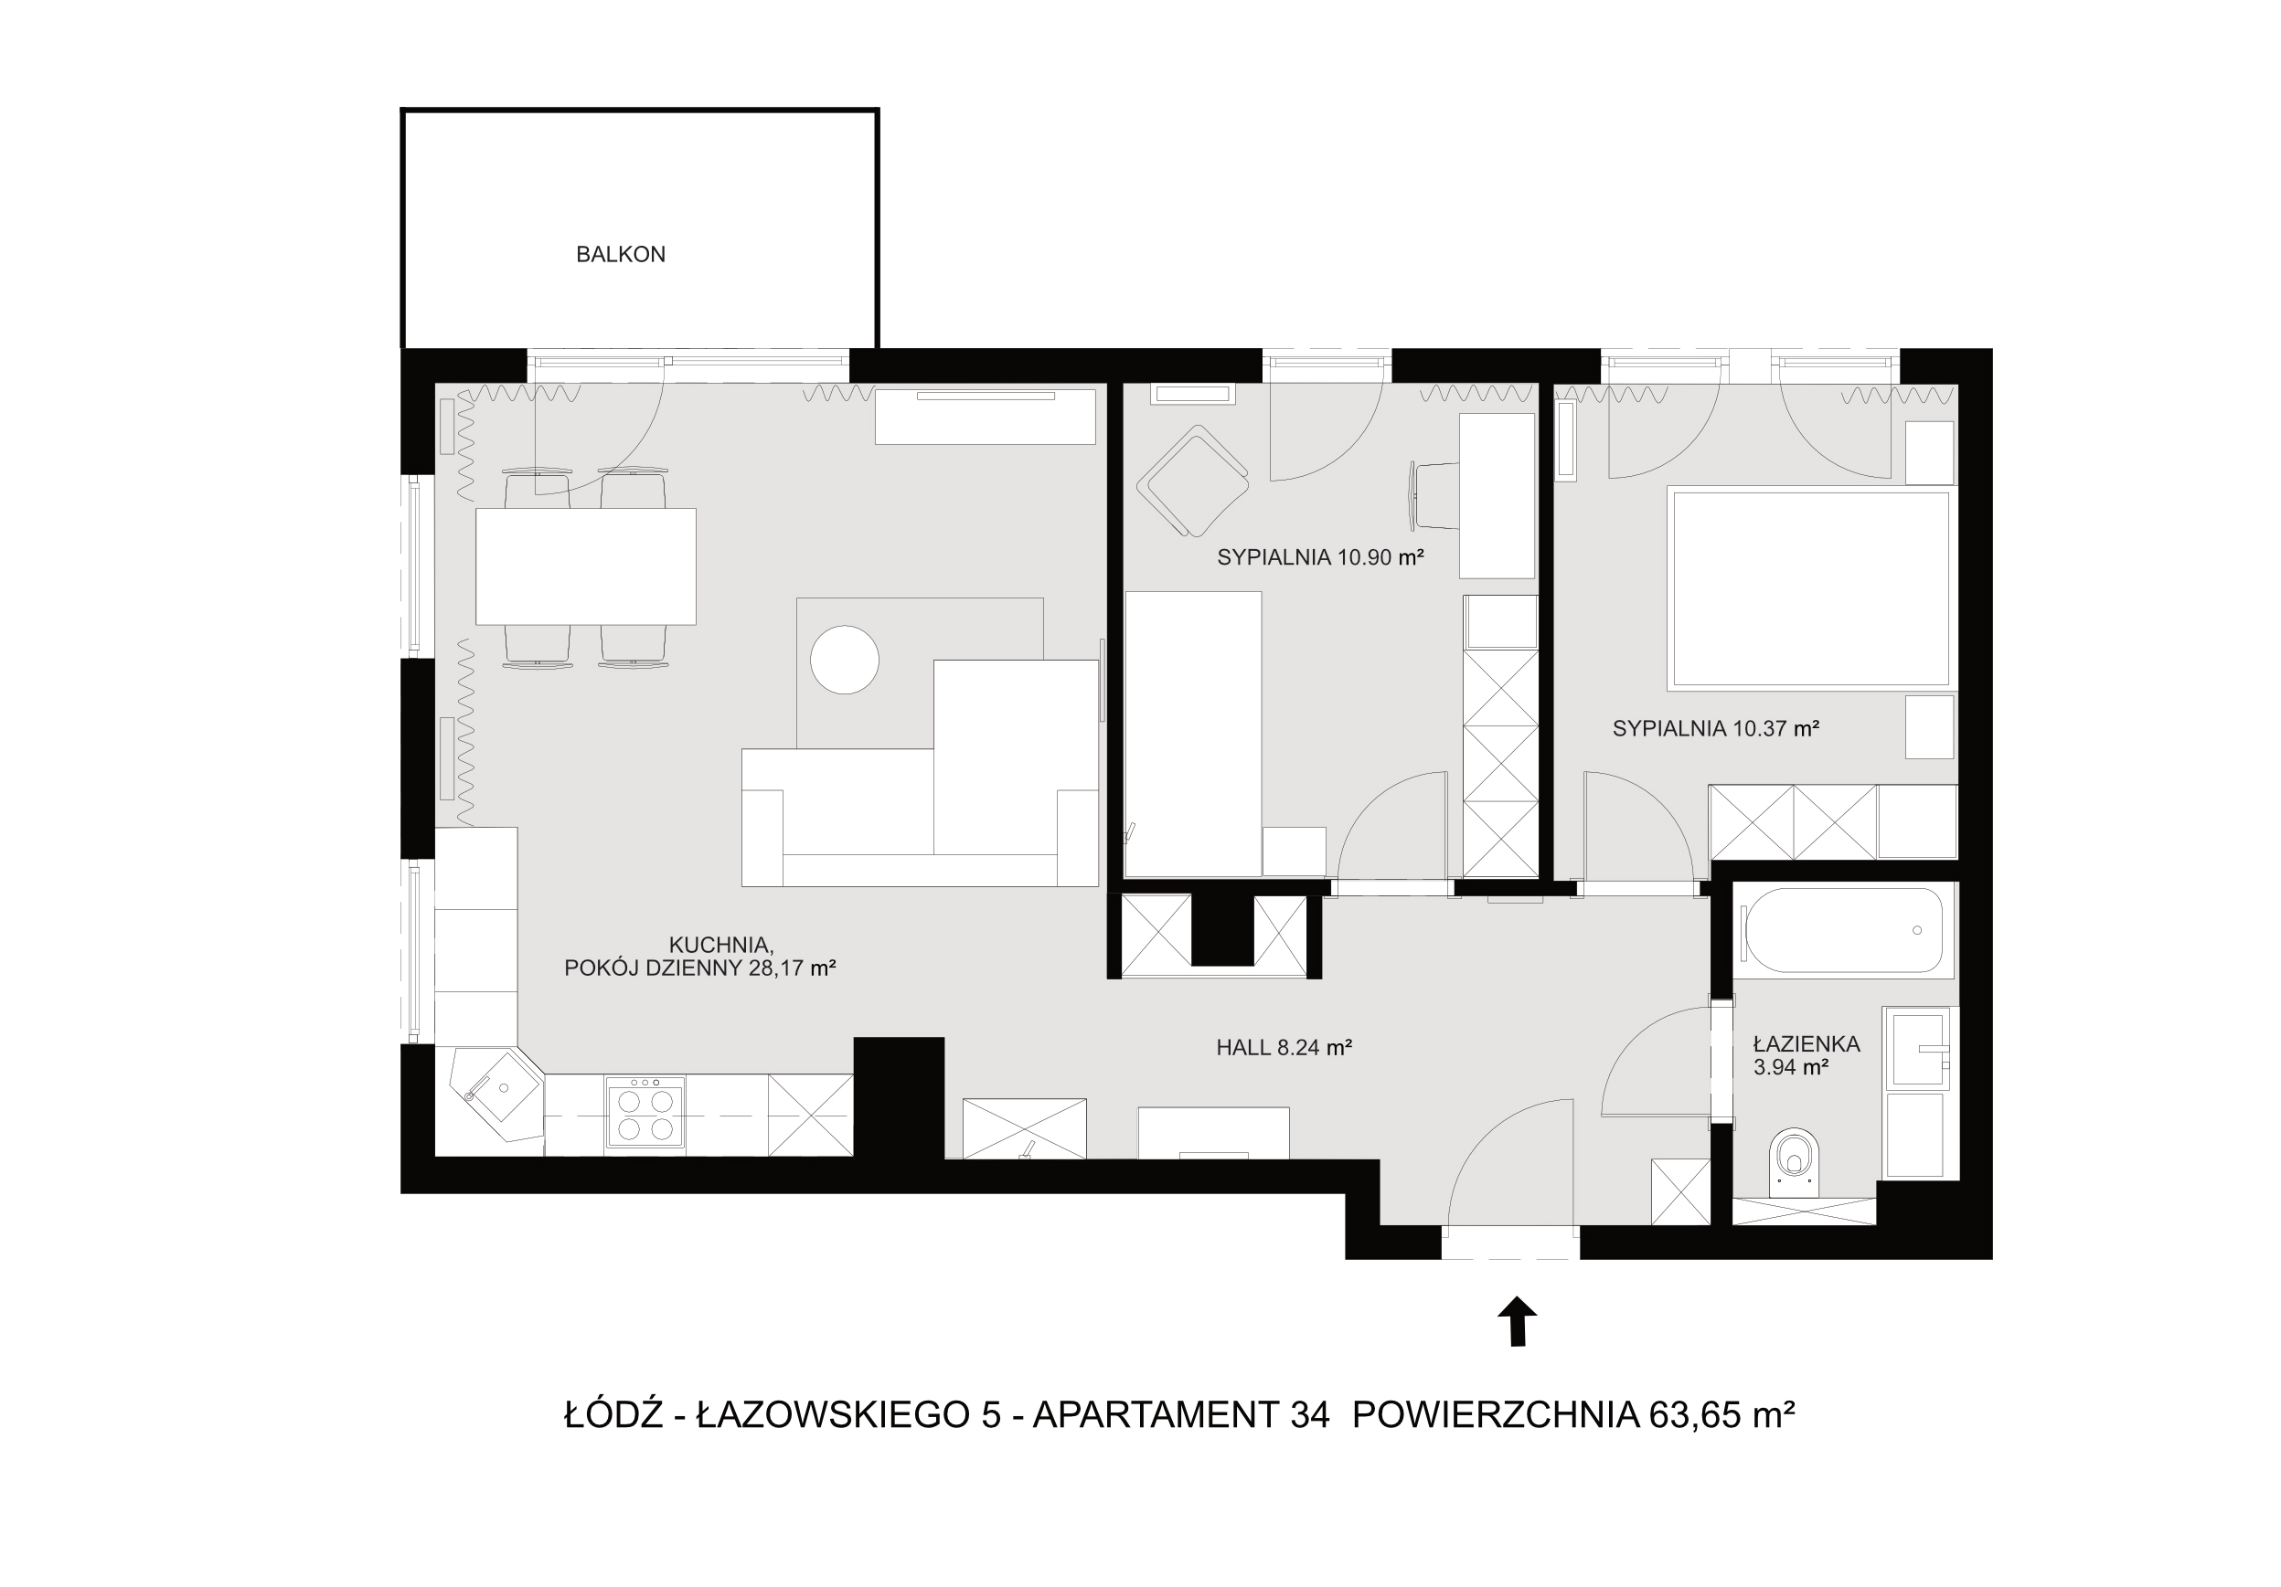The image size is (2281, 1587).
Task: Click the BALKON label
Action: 620,254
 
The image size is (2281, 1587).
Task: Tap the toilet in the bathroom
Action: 1795,1161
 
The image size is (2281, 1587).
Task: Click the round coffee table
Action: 845,660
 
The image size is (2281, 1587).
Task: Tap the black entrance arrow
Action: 1517,1321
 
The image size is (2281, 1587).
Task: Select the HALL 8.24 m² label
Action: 1284,1047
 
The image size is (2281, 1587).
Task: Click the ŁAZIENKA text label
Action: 1807,1043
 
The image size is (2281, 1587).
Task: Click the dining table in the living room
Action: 585,566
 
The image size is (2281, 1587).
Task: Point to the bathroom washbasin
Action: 1918,1049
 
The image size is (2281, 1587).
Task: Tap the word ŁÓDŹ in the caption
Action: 613,1413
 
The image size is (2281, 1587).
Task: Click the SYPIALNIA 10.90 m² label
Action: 1320,557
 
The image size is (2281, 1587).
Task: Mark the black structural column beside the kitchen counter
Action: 898,1098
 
